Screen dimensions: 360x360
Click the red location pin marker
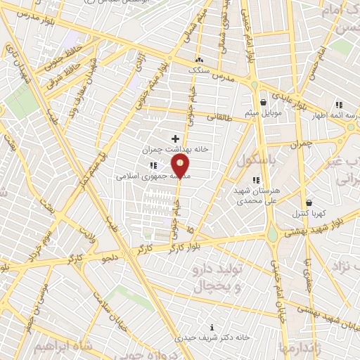[181, 167]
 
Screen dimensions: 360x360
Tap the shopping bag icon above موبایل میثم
[264, 102]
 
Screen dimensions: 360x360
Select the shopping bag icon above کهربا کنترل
[308, 202]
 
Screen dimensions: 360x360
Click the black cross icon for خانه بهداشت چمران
[175, 139]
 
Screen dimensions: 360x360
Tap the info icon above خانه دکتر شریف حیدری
[212, 327]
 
